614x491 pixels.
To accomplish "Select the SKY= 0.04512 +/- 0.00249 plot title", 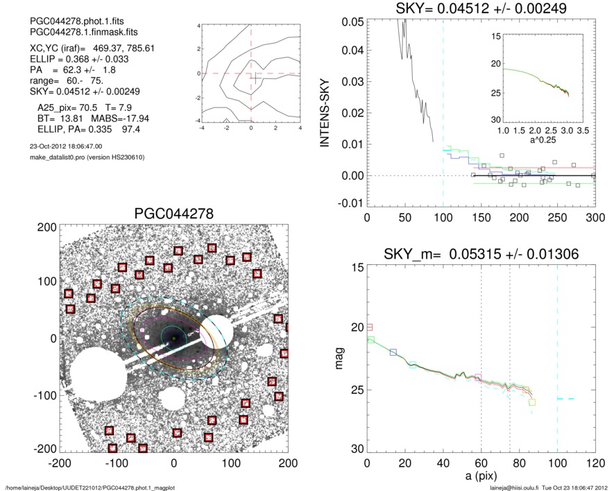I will coord(481,9).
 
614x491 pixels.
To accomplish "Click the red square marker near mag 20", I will coord(370,327).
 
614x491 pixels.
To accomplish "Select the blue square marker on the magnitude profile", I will coord(393,353).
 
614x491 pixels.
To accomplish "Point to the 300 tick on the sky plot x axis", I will coord(594,218).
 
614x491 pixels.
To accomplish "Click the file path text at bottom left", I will coord(89,487).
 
